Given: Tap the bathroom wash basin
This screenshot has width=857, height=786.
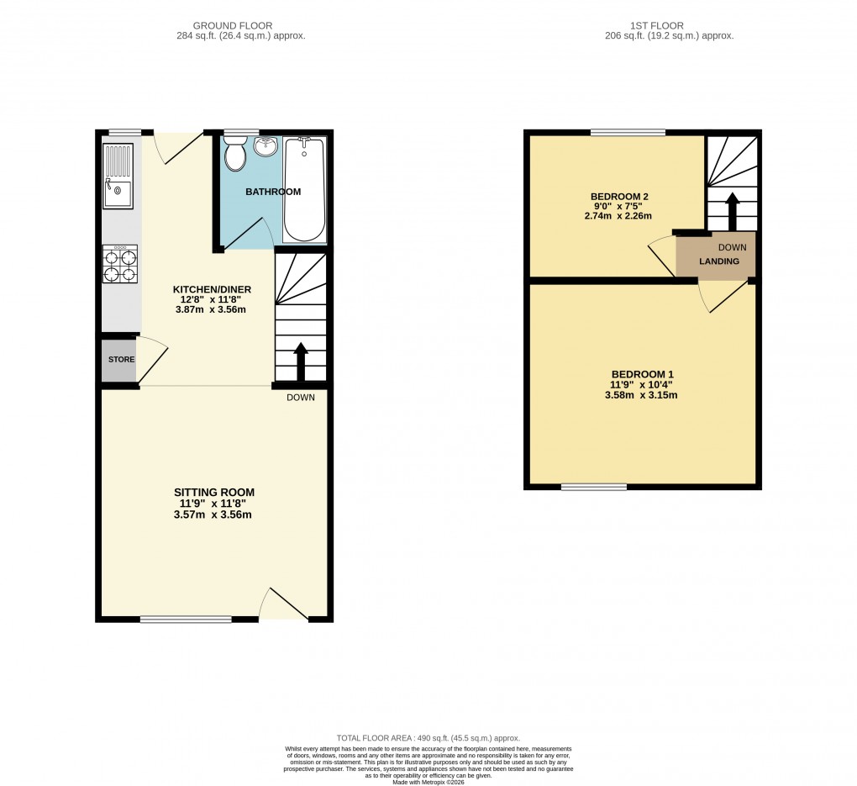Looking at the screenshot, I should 267,146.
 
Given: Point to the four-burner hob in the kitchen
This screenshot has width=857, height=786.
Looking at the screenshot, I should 118,262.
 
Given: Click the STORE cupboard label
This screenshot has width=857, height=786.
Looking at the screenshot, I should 121,360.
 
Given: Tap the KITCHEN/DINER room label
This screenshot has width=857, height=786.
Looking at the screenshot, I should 212,289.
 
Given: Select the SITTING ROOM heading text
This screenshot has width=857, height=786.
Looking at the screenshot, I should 213,492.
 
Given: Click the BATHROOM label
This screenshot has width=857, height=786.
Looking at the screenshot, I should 272,192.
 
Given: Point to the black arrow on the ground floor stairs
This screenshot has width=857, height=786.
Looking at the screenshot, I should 300,361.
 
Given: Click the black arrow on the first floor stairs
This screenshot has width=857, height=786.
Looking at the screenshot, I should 732,210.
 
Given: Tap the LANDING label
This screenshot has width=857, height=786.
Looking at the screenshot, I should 719,261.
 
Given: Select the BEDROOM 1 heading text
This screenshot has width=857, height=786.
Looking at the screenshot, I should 642,374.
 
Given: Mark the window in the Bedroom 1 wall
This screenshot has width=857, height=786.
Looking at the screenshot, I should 594,486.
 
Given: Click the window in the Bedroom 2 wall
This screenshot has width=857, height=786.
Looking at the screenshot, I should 628,132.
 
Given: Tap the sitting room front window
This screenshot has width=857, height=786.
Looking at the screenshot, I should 186,620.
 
